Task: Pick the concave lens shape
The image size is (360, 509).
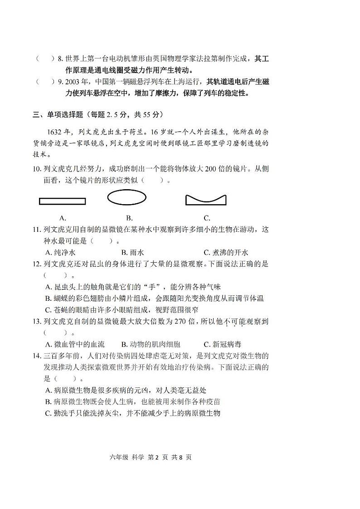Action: pyautogui.click(x=205, y=200)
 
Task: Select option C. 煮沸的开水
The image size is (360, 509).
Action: pyautogui.click(x=226, y=253)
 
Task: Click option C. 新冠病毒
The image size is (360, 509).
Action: pyautogui.click(x=223, y=344)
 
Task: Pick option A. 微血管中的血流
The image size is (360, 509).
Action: pyautogui.click(x=75, y=344)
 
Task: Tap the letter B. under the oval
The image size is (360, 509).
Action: pyautogui.click(x=129, y=218)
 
